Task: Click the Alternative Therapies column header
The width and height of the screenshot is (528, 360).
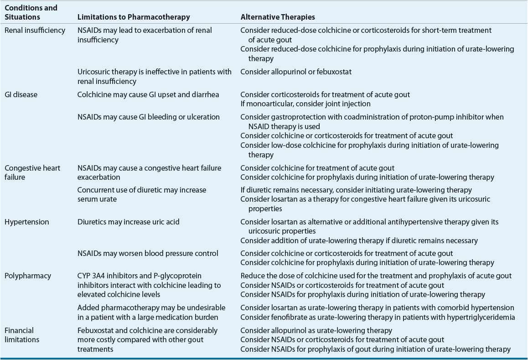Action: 278,17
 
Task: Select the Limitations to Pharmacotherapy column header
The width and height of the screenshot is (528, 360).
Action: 134,17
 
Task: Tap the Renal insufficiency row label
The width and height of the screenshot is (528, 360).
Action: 35,30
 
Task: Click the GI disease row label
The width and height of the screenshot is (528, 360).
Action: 21,94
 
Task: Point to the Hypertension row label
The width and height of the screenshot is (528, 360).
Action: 26,222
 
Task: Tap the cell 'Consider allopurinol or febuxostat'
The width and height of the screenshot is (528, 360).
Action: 296,72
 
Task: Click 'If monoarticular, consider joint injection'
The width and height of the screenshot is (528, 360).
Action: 305,104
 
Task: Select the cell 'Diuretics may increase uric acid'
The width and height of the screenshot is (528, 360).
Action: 129,222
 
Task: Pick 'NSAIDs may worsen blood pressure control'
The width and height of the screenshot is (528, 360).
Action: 148,253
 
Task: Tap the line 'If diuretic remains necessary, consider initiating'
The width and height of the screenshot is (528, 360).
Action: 356,190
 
